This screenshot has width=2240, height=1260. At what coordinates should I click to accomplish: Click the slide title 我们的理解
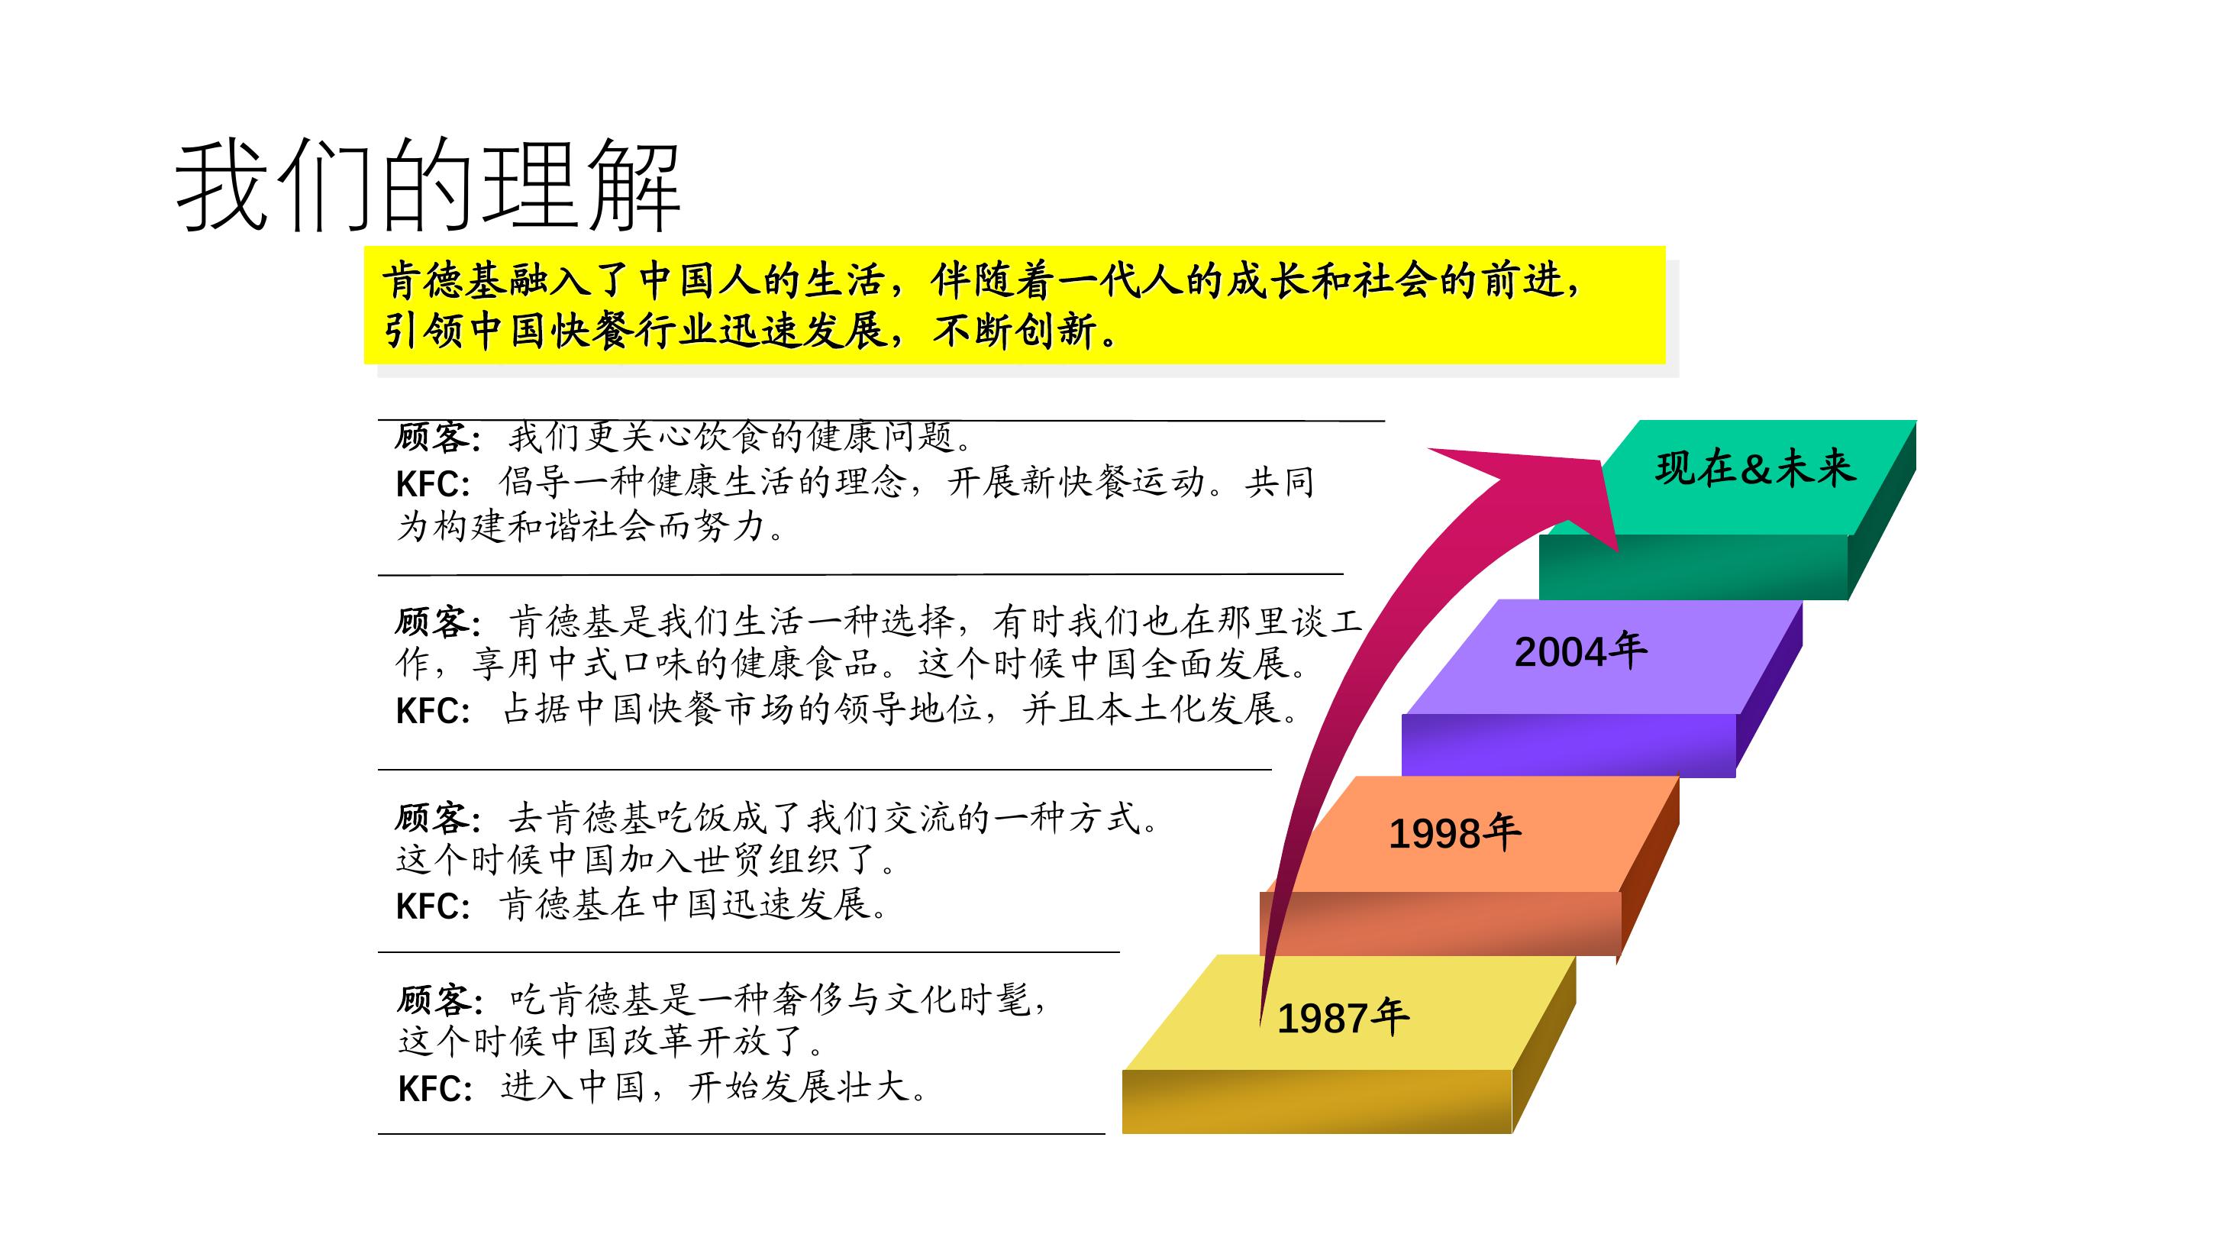point(428,186)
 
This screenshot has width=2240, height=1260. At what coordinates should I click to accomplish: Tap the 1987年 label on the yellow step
point(1343,1017)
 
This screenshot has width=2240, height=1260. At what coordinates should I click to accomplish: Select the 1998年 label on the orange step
point(1455,833)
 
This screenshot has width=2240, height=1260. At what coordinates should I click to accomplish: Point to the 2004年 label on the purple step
point(1581,651)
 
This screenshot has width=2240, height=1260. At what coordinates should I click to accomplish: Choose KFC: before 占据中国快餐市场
point(434,710)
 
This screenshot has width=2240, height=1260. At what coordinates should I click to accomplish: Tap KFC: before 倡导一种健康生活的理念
point(434,483)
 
